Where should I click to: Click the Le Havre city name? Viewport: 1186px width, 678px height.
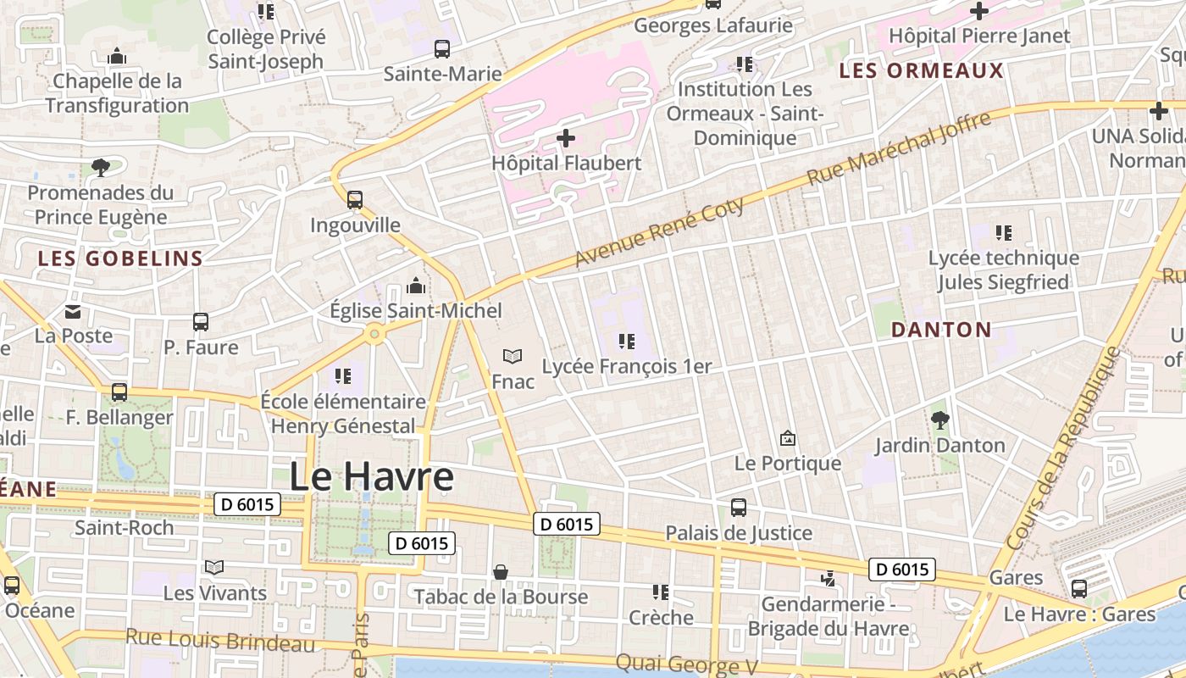tap(371, 477)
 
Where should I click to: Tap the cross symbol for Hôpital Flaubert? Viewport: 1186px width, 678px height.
tap(566, 137)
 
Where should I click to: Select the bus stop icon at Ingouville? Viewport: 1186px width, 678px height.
tap(355, 200)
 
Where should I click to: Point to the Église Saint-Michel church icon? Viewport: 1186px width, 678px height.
tap(416, 286)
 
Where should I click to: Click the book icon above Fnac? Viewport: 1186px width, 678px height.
tap(513, 356)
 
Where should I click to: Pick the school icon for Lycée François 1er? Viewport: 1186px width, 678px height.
tap(627, 342)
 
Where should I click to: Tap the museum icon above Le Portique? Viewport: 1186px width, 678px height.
tap(788, 438)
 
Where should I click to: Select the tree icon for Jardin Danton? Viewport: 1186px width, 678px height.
tap(939, 420)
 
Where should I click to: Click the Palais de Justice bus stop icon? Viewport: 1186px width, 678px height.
tap(739, 508)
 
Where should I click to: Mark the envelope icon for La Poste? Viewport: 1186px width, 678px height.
tap(73, 311)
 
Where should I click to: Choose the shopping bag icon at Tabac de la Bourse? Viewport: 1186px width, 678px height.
tap(501, 572)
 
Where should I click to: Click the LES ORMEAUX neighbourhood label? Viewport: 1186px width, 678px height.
tap(921, 70)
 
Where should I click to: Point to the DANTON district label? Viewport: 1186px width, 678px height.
tap(941, 330)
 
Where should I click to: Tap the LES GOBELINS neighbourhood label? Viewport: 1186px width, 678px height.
tap(120, 258)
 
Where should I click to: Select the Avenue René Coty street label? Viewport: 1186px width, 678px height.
tap(660, 231)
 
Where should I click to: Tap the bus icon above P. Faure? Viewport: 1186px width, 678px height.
tap(201, 322)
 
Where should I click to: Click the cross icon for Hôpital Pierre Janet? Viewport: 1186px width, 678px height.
tap(979, 11)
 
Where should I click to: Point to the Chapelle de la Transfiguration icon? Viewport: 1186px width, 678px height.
tap(117, 57)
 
